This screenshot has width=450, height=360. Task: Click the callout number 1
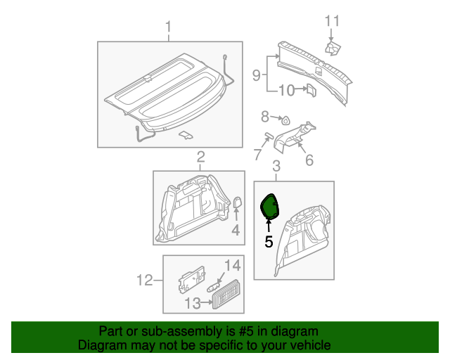[168, 27]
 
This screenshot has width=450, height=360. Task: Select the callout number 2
[200, 156]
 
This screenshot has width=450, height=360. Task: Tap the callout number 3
[276, 166]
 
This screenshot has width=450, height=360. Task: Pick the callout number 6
[308, 161]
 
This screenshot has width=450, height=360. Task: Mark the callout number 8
[265, 116]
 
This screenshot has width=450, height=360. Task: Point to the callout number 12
[145, 281]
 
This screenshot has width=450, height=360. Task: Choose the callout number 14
[232, 265]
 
